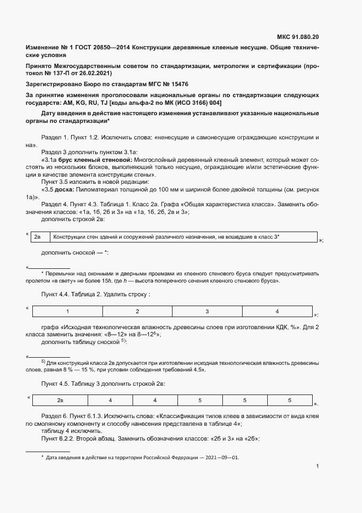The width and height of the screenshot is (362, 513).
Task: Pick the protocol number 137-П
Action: [x=62, y=73]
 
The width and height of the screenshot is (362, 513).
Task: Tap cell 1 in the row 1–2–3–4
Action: [x=67, y=312]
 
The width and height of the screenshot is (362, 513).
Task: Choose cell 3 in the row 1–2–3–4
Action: [x=207, y=312]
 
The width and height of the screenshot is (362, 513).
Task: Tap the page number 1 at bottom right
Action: [x=318, y=467]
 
